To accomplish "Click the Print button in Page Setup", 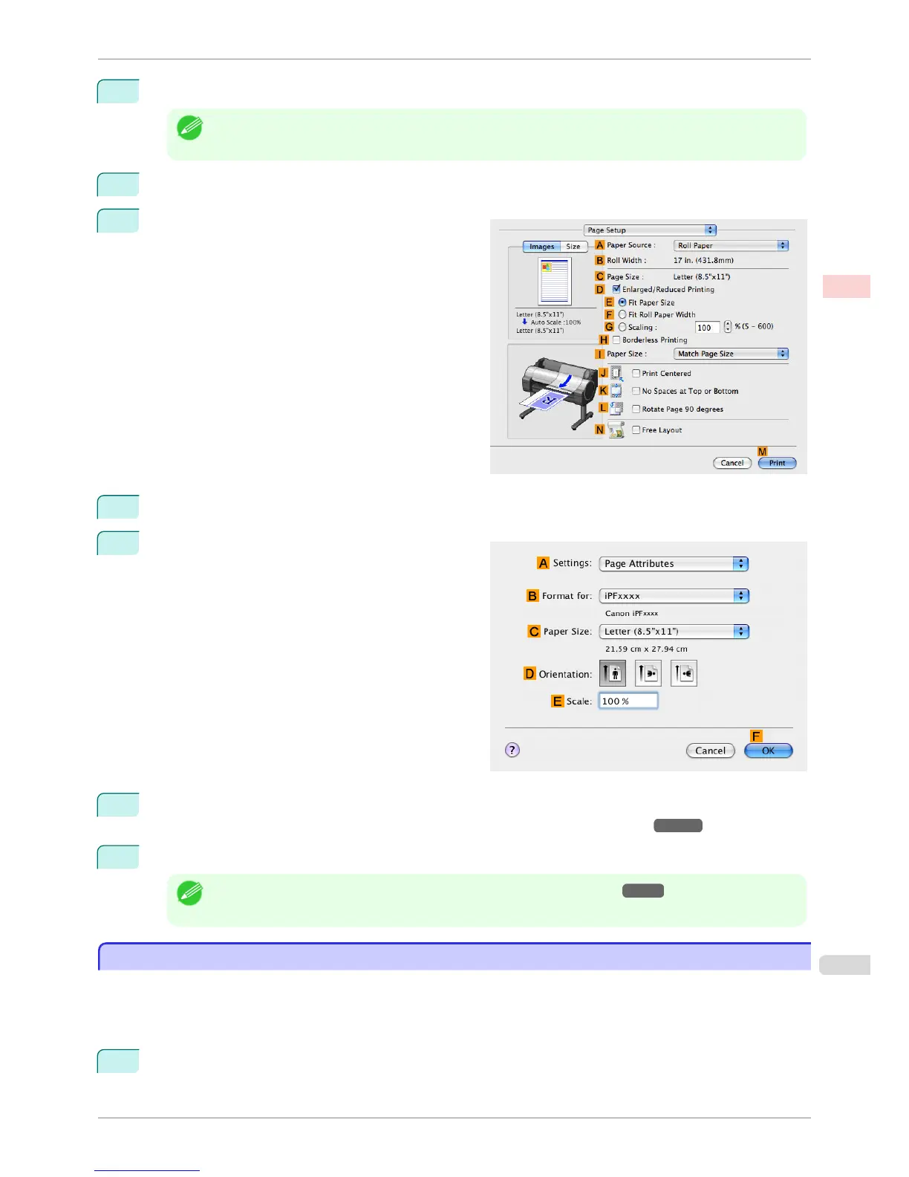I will (x=777, y=463).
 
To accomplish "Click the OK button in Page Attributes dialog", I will (x=768, y=750).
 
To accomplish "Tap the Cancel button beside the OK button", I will (x=710, y=750).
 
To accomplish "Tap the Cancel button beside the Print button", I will (x=732, y=463).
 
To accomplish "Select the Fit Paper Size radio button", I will (x=622, y=302).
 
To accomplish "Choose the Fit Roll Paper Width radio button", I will (x=622, y=314).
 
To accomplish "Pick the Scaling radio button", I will (x=622, y=327).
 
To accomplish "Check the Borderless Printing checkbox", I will (x=616, y=340).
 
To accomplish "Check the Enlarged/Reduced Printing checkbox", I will (x=616, y=289).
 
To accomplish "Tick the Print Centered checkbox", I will (x=636, y=373).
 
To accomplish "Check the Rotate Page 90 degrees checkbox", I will (x=636, y=409).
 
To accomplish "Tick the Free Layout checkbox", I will (x=636, y=429).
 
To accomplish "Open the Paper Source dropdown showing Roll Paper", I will (x=731, y=245).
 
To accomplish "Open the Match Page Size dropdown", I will (x=731, y=354).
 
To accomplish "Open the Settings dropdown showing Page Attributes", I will (x=674, y=564).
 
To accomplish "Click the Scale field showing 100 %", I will (x=628, y=701).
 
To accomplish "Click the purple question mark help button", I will (x=512, y=750).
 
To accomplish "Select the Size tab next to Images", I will (x=573, y=247).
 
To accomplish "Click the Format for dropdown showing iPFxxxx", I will (x=674, y=596).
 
